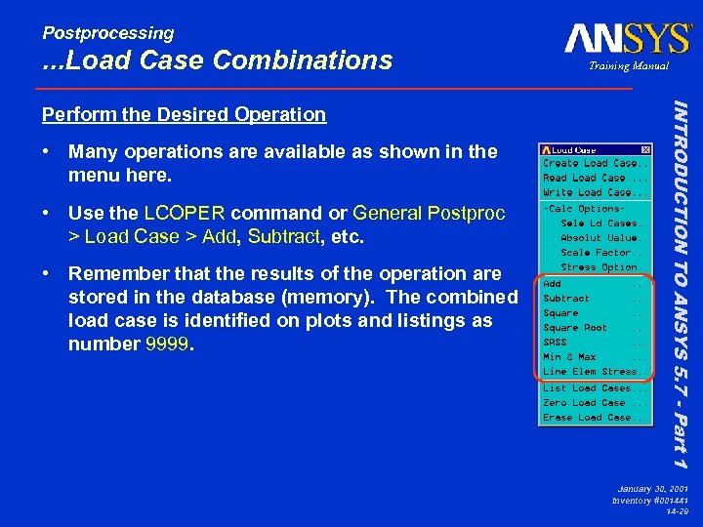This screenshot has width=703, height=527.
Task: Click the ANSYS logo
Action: (x=628, y=39)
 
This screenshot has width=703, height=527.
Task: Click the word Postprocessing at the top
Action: (x=108, y=33)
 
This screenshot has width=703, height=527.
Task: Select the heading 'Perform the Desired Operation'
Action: (x=184, y=114)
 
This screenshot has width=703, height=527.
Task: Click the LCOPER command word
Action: (x=185, y=213)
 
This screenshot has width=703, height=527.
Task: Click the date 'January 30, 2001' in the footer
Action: (x=652, y=487)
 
